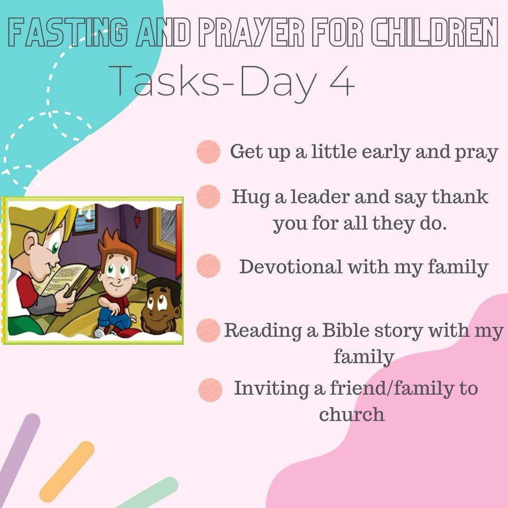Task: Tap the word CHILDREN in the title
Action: [x=434, y=32]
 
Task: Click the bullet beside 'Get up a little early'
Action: [x=208, y=151]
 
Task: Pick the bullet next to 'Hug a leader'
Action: [x=208, y=196]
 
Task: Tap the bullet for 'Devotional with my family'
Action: [x=208, y=266]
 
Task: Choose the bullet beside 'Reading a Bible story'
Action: [x=208, y=331]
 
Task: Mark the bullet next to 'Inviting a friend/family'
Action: [x=210, y=390]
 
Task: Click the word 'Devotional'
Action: [x=291, y=267]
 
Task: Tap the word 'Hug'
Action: [x=251, y=198]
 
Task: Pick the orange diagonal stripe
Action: [x=67, y=472]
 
